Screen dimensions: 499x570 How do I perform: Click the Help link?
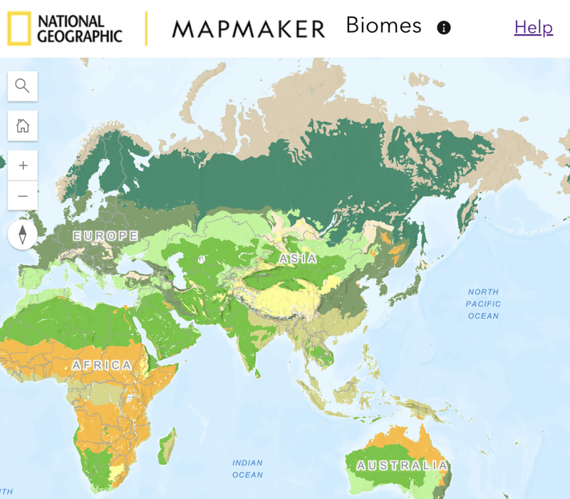pos(534,27)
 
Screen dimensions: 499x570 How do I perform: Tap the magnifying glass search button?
pos(23,86)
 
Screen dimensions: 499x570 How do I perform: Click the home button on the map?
pos(23,126)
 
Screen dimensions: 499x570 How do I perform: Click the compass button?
pos(23,235)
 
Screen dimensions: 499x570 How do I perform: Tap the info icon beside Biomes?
pos(444,28)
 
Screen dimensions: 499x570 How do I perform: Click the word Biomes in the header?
pos(383,26)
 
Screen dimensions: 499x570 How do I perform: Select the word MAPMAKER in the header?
pos(248,29)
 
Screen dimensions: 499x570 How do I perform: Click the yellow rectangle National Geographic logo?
pos(19,29)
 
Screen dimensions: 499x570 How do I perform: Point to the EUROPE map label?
pos(105,236)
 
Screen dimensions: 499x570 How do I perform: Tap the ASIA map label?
pos(299,259)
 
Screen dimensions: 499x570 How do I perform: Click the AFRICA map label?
pos(102,365)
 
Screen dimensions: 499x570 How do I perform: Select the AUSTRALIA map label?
pos(403,466)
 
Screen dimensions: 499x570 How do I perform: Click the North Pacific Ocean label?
pos(484,304)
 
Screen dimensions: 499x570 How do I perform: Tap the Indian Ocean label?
pos(247,469)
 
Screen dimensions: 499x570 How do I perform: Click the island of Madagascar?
pos(167,443)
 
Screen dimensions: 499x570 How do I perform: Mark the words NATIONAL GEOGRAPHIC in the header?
pos(79,29)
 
